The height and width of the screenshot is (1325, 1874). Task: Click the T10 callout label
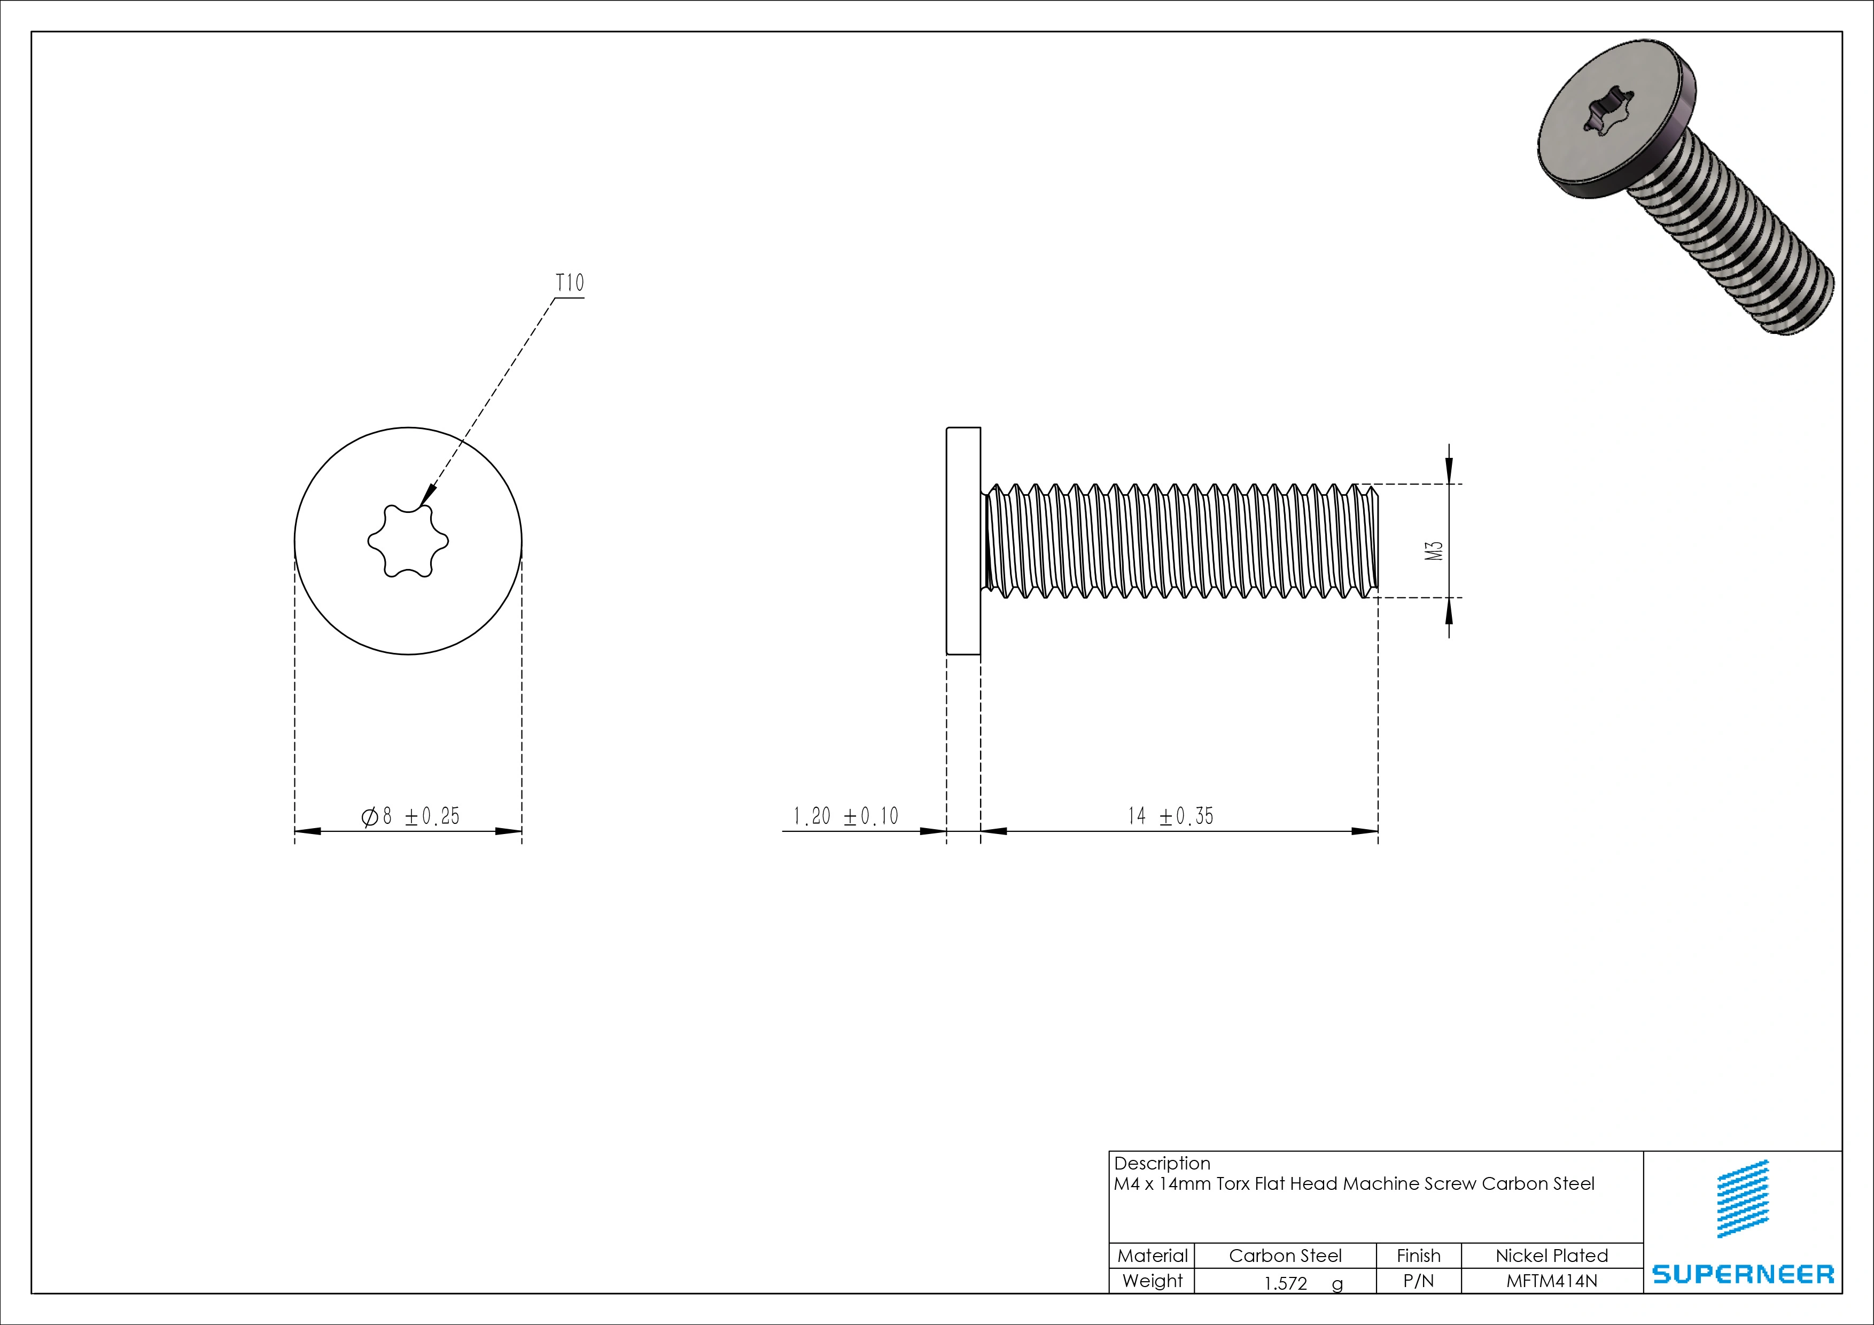pos(570,283)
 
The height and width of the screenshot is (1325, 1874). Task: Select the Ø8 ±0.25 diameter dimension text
pos(410,816)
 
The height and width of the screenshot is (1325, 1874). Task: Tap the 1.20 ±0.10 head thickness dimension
pos(845,816)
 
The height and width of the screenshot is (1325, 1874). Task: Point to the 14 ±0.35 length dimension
pos(1170,816)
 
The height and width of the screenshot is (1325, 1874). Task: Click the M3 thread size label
pos(1434,551)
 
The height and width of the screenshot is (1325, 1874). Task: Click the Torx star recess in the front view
pos(407,541)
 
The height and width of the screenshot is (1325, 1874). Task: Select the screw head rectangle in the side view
pos(963,540)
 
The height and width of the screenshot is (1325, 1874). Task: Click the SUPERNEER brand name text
pos(1743,1274)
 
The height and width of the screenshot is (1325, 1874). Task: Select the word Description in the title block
pos(1162,1164)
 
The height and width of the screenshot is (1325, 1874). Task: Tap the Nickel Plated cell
pos(1552,1256)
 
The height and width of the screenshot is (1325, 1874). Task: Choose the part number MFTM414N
pos(1552,1281)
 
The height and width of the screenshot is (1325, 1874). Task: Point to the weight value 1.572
pos(1286,1283)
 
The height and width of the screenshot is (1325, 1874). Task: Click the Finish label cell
pos(1419,1256)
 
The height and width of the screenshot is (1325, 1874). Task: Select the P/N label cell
pos(1419,1281)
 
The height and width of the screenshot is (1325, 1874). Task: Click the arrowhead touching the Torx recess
pos(427,496)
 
